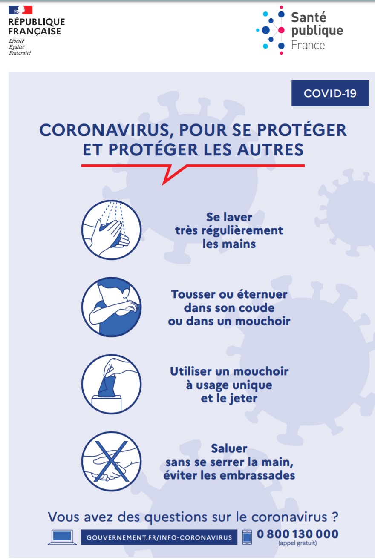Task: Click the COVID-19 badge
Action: [x=330, y=93]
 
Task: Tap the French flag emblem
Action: [x=20, y=10]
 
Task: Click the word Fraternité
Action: [x=20, y=53]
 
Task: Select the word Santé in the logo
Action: [x=309, y=17]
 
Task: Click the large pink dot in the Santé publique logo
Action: [x=281, y=30]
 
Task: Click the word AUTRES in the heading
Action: [x=270, y=149]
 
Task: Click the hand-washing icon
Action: [x=111, y=230]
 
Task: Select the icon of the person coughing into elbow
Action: [x=111, y=307]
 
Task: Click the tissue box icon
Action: [x=111, y=384]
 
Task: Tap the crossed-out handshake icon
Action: [x=111, y=461]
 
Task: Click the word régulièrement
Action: [x=242, y=231]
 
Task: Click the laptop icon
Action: [x=62, y=537]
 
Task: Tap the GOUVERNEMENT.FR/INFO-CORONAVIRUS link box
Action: [x=159, y=537]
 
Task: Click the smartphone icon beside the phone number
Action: [x=247, y=537]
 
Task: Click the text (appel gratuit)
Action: [x=297, y=543]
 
